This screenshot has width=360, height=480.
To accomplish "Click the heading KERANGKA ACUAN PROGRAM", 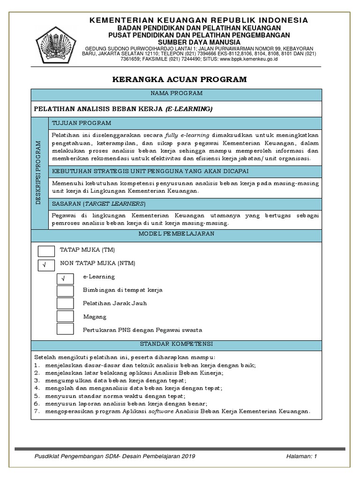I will click(x=180, y=79).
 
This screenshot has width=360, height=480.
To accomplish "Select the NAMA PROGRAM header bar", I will click(x=176, y=94).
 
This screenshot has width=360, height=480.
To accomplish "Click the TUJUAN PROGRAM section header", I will click(x=82, y=123).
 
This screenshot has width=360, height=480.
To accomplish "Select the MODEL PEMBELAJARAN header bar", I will click(x=176, y=233).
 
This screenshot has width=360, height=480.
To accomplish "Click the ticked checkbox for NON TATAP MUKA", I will click(x=46, y=265).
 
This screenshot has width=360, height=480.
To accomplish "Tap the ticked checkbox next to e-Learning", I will click(x=65, y=279).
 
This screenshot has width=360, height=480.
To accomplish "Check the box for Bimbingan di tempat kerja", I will click(x=65, y=291).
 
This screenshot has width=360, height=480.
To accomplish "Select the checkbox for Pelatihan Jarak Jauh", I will click(x=65, y=304).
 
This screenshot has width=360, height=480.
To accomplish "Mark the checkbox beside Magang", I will click(x=65, y=317).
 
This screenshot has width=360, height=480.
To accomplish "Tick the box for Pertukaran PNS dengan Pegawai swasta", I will click(x=65, y=330).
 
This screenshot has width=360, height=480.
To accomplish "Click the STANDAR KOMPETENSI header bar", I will click(x=176, y=344).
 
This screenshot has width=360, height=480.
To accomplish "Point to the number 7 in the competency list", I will click(x=36, y=412).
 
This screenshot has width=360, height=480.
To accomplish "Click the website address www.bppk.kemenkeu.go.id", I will click(x=249, y=60).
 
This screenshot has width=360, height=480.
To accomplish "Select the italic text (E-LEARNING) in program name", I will click(x=188, y=109).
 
